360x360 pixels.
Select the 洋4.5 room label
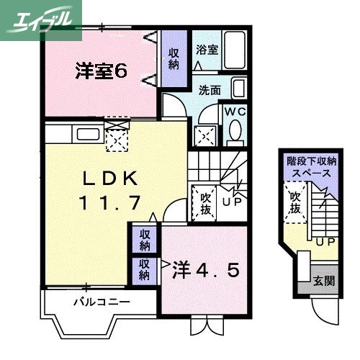[205, 271]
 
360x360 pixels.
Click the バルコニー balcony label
[101, 301]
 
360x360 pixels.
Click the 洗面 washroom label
[210, 91]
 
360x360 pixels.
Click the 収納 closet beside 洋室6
[174, 57]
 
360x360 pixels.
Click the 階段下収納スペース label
[310, 167]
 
